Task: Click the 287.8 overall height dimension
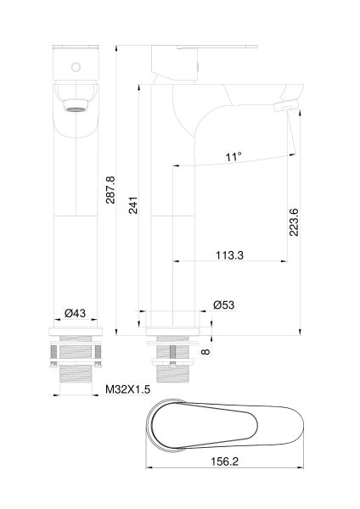tap(110, 190)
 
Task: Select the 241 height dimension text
tap(133, 205)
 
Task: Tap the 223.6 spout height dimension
tap(294, 222)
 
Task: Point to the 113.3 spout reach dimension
tap(230, 255)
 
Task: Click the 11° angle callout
tap(234, 157)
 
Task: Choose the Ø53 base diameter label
tap(224, 305)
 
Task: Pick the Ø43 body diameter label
tap(75, 313)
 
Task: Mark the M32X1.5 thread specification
tap(127, 389)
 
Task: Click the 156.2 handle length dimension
tap(225, 461)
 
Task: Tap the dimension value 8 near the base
tap(205, 351)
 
